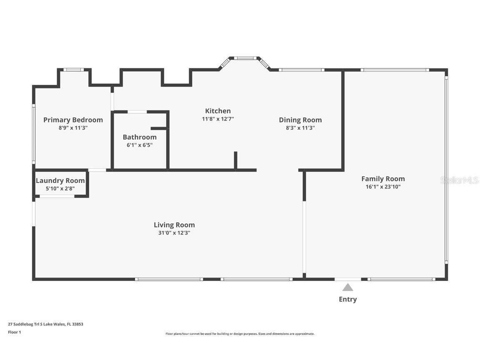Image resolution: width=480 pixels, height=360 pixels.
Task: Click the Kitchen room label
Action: [217, 111]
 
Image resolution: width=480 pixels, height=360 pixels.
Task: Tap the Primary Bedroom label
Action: [73, 120]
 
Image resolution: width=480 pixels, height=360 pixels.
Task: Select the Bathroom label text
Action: [140, 137]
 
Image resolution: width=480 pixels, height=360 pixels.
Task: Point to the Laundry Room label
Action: [60, 180]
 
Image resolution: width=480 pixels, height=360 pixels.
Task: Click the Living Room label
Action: [174, 225]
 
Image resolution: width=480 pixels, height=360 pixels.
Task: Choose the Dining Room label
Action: [300, 120]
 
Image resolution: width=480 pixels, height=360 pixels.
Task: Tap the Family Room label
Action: [383, 179]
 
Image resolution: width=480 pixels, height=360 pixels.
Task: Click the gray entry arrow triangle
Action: [347, 287]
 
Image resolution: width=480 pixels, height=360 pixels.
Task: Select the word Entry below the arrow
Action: [348, 300]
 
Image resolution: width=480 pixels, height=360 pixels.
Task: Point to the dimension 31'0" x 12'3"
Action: [174, 233]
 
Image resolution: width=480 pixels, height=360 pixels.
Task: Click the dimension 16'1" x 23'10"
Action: [383, 187]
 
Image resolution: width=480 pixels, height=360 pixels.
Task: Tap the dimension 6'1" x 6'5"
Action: [140, 145]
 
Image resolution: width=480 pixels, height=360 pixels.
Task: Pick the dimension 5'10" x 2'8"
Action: [60, 189]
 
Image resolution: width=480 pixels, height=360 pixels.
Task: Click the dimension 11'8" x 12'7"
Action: [217, 119]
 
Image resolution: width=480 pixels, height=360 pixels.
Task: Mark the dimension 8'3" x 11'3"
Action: [300, 128]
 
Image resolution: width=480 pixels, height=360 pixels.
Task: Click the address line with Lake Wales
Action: [45, 324]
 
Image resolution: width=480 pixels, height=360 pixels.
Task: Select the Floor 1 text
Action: [15, 332]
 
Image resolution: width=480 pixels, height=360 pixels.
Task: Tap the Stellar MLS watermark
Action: [459, 180]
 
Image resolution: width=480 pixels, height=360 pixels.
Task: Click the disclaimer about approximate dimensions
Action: [240, 334]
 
